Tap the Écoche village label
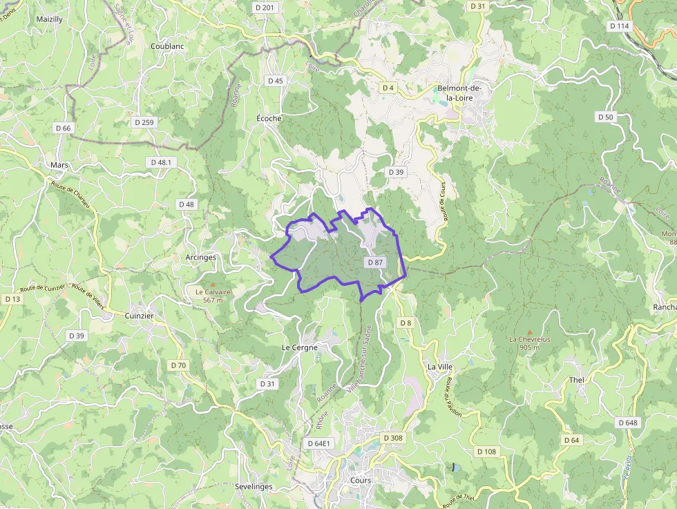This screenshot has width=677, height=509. [x=269, y=118]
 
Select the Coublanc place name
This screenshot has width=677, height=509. [x=167, y=46]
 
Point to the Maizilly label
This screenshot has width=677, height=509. [x=49, y=19]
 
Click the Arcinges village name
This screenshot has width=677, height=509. [x=201, y=257]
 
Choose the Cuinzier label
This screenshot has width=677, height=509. [x=140, y=316]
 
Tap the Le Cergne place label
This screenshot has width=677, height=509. [x=300, y=347]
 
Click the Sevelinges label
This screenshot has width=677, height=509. [x=254, y=486]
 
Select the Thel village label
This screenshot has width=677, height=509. [x=576, y=381]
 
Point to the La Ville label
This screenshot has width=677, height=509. [x=439, y=367]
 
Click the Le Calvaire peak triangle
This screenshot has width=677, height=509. [x=213, y=284]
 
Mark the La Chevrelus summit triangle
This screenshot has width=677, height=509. [x=530, y=332]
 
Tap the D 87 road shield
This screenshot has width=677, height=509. [x=375, y=262]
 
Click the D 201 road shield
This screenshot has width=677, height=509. [x=264, y=8]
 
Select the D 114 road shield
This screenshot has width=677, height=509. [x=620, y=26]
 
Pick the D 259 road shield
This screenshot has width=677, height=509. [x=144, y=122]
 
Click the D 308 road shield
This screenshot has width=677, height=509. [x=392, y=438]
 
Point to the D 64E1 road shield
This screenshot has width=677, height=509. [x=318, y=443]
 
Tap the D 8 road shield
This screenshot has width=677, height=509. [x=406, y=323]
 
